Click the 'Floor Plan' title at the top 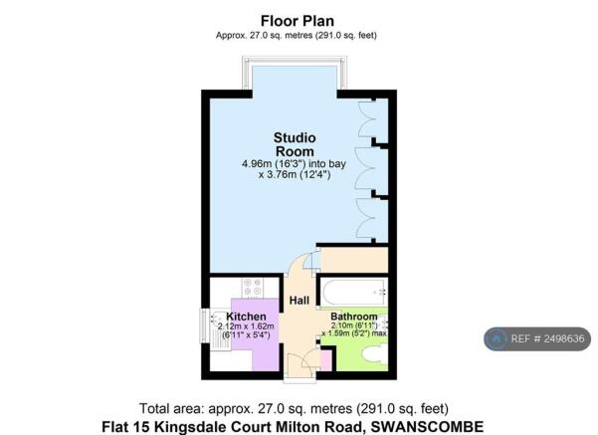[298, 20]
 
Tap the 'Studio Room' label [297, 144]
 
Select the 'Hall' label [299, 300]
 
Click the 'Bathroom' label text [354, 317]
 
